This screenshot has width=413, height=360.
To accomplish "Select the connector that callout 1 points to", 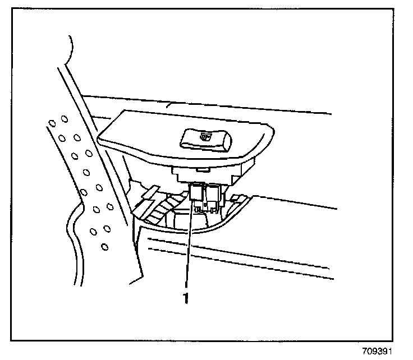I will tap(196, 192).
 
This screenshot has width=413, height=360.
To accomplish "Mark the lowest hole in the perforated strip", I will tap(104, 246).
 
